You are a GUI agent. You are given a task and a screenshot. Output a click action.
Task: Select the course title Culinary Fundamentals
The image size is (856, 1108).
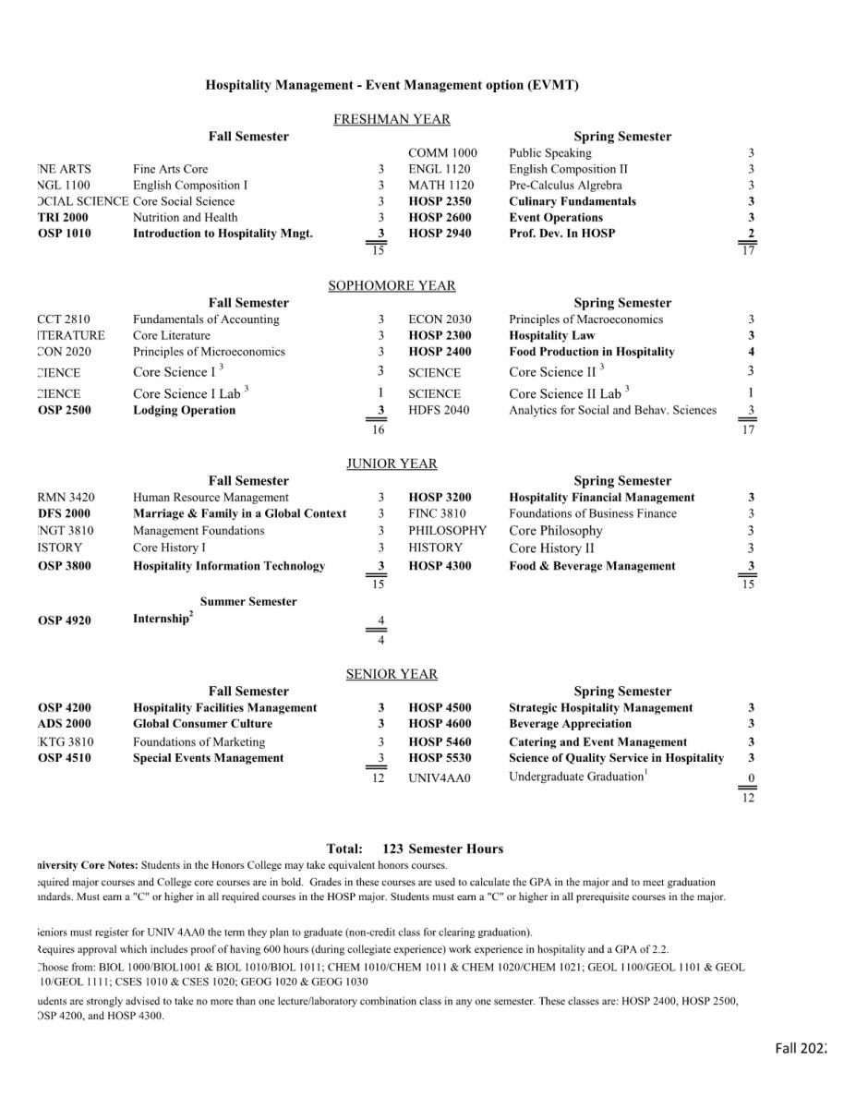(x=572, y=201)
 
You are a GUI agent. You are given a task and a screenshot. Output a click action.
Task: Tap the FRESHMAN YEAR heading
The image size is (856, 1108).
(x=392, y=119)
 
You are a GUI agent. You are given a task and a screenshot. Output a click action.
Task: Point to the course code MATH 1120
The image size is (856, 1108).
(x=441, y=186)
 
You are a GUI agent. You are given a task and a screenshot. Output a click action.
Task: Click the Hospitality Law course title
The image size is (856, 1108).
(x=551, y=336)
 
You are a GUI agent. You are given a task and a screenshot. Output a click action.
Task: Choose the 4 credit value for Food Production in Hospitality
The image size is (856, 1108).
(x=751, y=352)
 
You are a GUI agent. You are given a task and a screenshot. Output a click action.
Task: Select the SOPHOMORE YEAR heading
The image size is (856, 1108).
(x=392, y=286)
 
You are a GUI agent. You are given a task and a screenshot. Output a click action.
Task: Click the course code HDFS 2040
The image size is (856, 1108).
(x=439, y=410)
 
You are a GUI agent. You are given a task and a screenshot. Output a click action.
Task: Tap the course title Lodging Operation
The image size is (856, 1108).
(x=184, y=410)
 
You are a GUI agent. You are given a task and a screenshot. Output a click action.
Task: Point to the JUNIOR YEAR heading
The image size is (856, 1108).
(x=392, y=464)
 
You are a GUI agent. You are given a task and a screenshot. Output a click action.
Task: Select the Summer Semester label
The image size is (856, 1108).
(x=248, y=602)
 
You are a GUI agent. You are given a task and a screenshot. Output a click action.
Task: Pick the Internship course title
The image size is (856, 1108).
(x=161, y=620)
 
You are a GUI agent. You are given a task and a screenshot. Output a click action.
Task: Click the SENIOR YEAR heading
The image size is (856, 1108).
(x=392, y=674)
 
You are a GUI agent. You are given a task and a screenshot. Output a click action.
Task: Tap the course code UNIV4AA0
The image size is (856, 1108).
(x=439, y=778)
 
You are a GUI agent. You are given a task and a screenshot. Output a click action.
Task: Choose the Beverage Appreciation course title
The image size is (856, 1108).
(x=570, y=724)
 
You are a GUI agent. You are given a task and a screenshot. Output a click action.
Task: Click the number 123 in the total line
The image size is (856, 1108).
(x=393, y=849)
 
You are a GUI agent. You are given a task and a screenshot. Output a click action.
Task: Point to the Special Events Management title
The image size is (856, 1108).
(x=208, y=758)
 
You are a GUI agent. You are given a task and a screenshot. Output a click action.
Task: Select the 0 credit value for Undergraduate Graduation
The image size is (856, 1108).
(x=751, y=778)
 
